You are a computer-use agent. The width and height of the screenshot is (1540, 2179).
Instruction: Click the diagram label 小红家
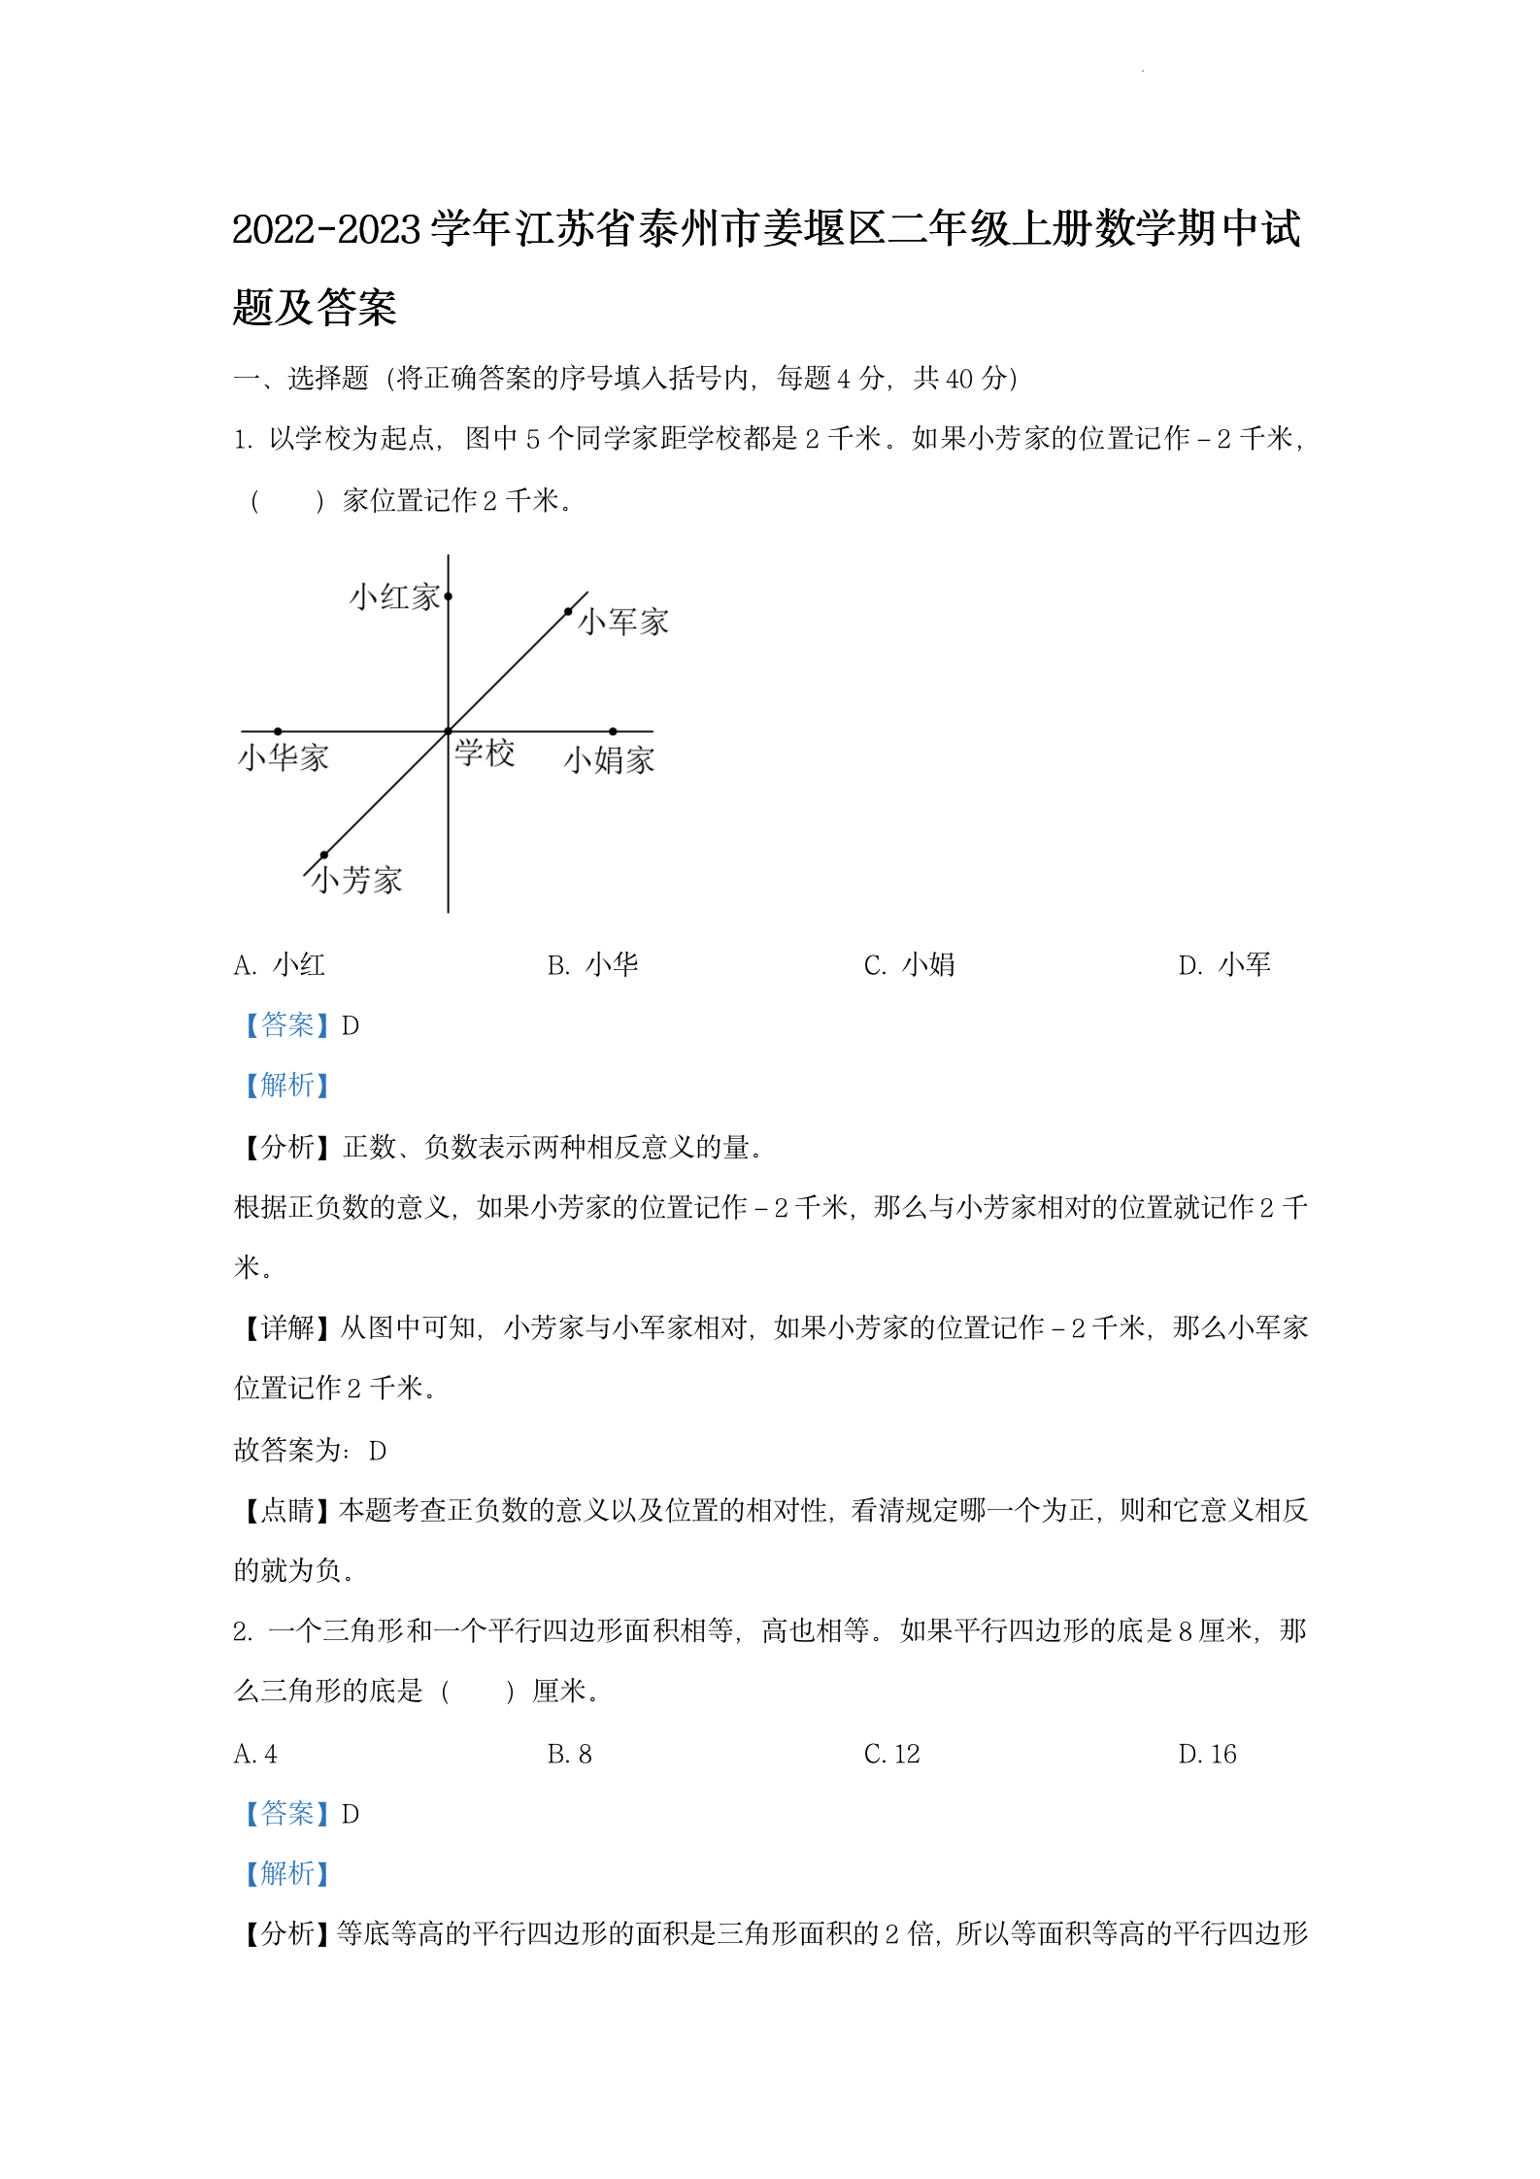click(394, 597)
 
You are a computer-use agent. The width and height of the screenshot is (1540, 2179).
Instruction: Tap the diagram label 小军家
click(623, 622)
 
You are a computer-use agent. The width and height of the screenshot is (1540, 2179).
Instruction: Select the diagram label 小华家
click(284, 757)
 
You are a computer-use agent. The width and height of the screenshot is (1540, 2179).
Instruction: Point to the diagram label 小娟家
click(609, 759)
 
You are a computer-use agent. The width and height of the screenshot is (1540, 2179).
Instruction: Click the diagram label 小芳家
click(355, 880)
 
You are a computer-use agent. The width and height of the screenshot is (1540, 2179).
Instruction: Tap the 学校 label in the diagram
click(485, 753)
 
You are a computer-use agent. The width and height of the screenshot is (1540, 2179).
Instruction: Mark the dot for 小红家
click(448, 596)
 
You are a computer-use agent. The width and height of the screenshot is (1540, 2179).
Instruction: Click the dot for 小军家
click(568, 612)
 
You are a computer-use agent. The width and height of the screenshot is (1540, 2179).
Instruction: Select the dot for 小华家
click(278, 731)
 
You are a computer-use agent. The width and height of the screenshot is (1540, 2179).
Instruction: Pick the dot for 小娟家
click(613, 731)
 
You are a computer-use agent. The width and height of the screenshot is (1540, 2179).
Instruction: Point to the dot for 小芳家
click(324, 855)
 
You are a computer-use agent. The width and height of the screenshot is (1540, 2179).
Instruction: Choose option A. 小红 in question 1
click(280, 965)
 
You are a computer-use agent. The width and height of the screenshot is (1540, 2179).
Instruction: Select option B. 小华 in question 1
click(592, 965)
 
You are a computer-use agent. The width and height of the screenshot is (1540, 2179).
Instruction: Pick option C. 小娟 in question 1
click(909, 965)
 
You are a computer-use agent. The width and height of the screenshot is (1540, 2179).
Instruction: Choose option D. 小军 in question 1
click(1223, 965)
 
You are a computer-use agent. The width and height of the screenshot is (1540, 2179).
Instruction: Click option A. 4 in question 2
click(255, 1754)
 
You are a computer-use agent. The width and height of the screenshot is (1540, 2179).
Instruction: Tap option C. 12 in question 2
click(891, 1754)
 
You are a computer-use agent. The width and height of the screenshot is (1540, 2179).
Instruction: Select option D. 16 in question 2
click(1207, 1754)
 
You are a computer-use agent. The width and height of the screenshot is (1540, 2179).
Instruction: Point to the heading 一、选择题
click(301, 379)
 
